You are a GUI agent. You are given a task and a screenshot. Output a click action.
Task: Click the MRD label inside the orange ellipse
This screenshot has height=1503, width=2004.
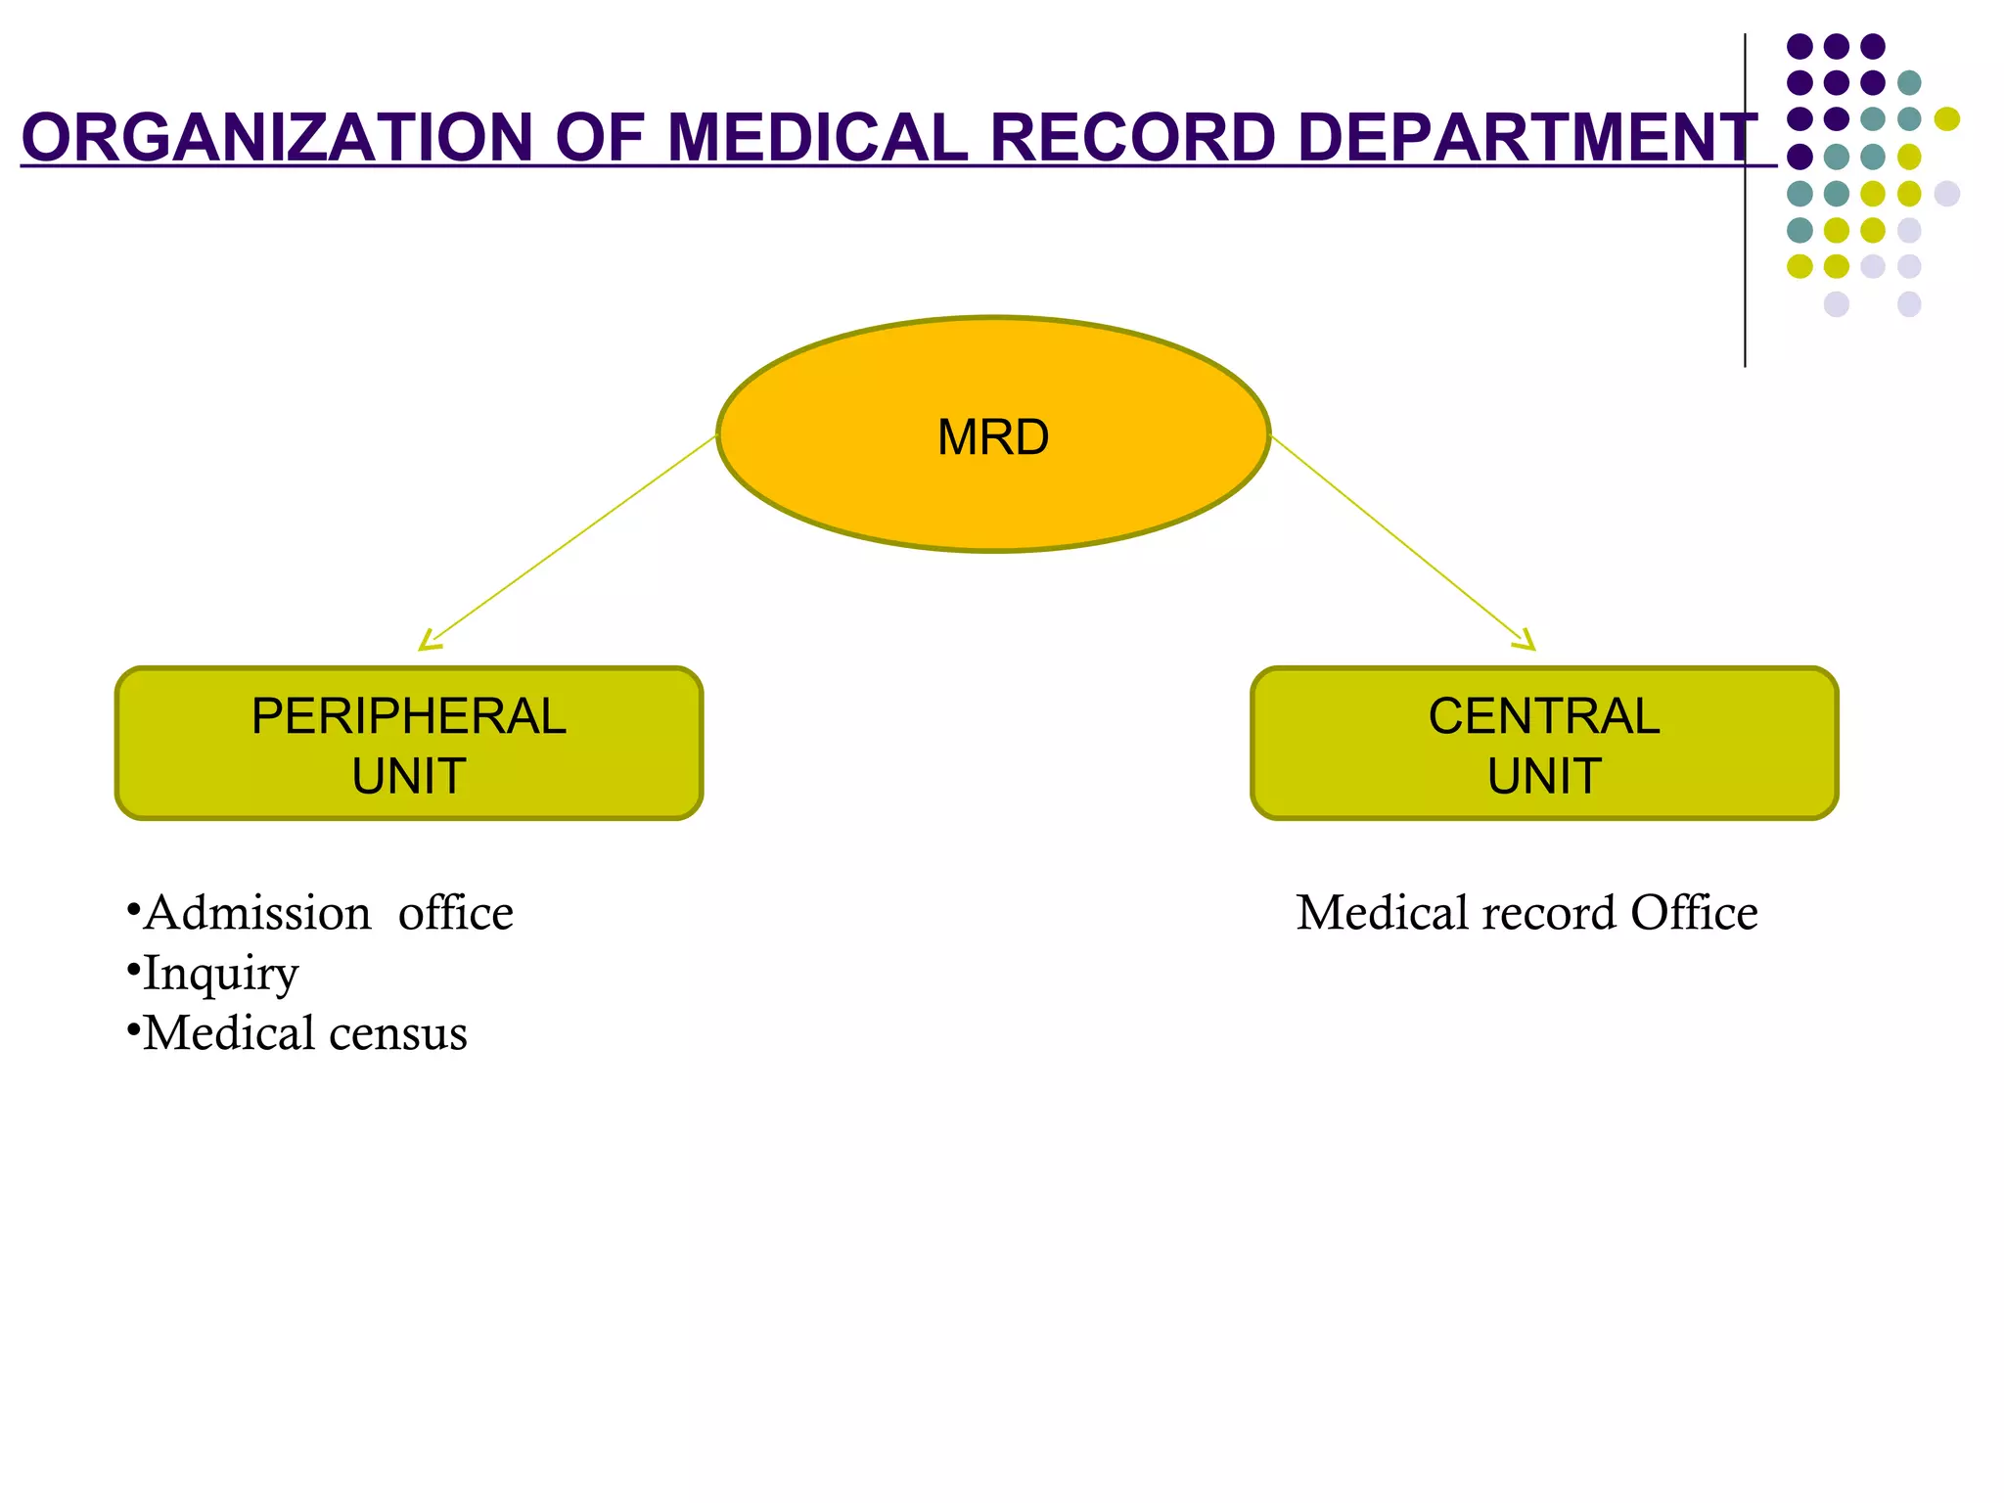tap(993, 437)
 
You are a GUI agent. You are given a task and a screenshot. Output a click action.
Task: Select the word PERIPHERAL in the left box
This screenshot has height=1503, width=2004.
tap(409, 716)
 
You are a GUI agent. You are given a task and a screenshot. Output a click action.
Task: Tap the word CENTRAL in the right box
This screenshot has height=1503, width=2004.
tap(1544, 716)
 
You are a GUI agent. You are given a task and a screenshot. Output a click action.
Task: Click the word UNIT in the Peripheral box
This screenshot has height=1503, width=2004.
tap(409, 777)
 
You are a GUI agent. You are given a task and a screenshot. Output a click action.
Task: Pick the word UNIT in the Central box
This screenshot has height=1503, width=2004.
tap(1544, 777)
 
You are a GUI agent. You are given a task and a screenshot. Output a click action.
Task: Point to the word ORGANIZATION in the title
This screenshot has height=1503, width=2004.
tap(277, 137)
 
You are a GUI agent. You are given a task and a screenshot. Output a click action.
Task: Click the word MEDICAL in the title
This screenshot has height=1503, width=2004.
tap(817, 137)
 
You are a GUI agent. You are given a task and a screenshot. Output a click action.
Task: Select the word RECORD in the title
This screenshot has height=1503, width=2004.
tap(1132, 137)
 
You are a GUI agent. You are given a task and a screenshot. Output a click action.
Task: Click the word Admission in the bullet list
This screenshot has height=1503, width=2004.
tap(257, 913)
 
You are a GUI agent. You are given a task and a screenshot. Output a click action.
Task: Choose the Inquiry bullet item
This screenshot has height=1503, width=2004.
tap(220, 975)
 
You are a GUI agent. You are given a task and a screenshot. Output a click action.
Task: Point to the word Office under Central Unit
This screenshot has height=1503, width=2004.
tap(1694, 913)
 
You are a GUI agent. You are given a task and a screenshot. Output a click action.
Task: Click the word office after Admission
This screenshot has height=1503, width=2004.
tap(456, 913)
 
